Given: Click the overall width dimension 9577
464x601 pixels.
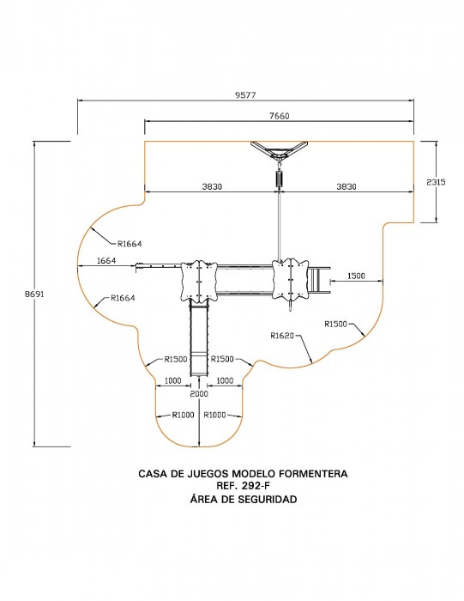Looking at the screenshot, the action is [x=245, y=95].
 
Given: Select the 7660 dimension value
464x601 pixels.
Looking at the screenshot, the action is [x=279, y=116].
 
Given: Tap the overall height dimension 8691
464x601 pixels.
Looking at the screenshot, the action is [x=35, y=294].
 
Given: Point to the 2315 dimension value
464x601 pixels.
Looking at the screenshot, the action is [x=436, y=182].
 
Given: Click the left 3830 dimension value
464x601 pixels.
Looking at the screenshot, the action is [x=212, y=186].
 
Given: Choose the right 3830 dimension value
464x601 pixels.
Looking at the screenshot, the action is [x=346, y=186].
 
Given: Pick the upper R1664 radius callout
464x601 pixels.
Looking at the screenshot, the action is [x=130, y=244].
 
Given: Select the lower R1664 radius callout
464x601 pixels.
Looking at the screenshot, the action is [x=123, y=298].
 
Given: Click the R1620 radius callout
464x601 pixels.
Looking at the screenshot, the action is [x=282, y=336].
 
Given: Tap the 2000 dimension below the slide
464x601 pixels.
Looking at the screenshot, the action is [x=199, y=393].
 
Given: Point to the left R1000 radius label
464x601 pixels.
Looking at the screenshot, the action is [x=183, y=415].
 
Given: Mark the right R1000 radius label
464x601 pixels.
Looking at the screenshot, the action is [x=214, y=415].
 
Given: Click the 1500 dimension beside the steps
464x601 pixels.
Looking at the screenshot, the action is [x=356, y=276].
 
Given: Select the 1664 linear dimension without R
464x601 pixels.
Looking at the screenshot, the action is [x=106, y=261].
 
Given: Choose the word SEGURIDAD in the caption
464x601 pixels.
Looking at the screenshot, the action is [x=268, y=499].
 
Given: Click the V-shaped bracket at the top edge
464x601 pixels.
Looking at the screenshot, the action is [x=279, y=150].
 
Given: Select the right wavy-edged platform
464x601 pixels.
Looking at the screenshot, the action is [x=290, y=279].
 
